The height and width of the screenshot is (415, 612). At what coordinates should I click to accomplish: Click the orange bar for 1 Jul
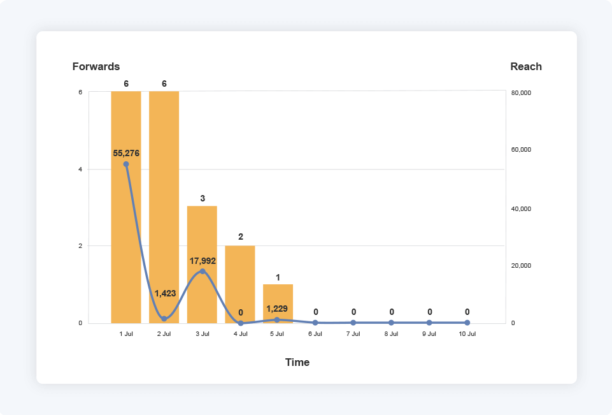pos(126,242)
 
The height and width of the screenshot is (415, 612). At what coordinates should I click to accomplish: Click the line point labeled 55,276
pos(126,164)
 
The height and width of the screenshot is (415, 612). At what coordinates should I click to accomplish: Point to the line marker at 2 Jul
pos(164,319)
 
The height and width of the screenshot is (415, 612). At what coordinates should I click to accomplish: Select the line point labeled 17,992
pos(203,271)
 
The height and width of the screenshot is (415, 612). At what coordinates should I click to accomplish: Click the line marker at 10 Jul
pos(467,323)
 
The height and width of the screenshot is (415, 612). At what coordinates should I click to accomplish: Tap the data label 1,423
pos(164,293)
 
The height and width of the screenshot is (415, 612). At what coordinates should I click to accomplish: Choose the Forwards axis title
pos(96,66)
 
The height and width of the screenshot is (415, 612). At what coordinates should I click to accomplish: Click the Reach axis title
pos(526,66)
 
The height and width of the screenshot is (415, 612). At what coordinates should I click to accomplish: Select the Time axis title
pos(297,362)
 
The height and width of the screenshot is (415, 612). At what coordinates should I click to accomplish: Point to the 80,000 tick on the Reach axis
pos(521,93)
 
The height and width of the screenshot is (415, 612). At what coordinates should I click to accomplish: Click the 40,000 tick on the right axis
pos(521,209)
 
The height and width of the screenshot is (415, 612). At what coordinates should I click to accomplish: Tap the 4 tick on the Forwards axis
pos(80,169)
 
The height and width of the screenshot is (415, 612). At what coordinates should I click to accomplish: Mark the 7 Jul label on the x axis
pos(353,334)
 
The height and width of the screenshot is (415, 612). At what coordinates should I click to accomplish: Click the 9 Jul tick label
pos(429,334)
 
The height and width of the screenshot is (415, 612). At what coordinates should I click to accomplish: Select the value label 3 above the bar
pos(203,198)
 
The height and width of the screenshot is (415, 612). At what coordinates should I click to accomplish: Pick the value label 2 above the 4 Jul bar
pos(241,237)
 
